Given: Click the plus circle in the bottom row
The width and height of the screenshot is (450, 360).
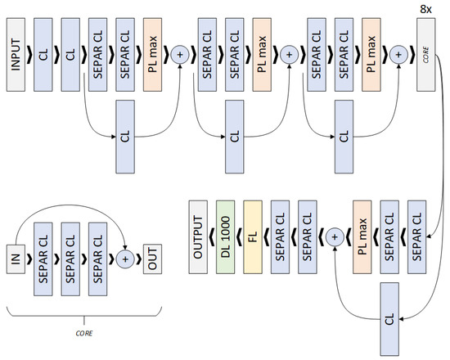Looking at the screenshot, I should [333, 236].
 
